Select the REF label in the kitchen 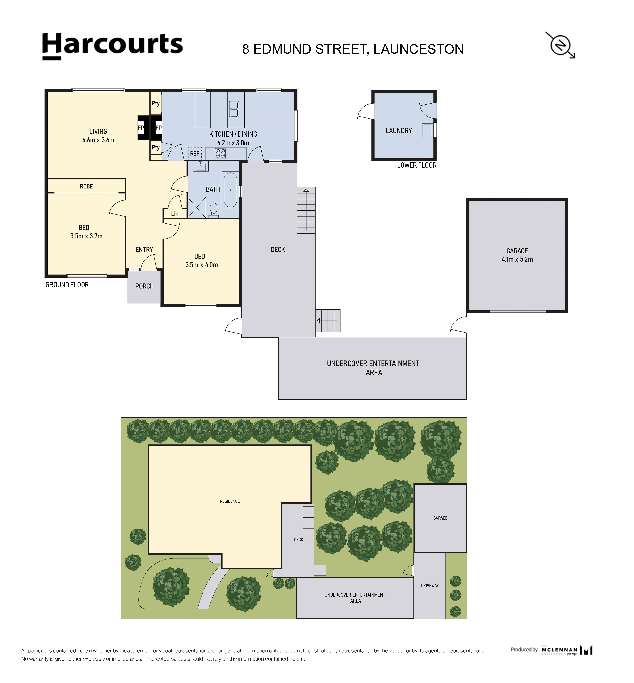tap(195, 154)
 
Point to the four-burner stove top tap(220, 153)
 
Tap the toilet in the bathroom tap(213, 210)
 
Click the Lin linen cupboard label tap(175, 214)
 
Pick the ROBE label tap(86, 187)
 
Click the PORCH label tap(144, 286)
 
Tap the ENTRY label tap(144, 250)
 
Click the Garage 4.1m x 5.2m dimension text tap(517, 259)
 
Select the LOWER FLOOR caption tap(417, 165)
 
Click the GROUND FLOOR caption tap(67, 285)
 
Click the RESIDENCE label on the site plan tap(230, 501)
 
